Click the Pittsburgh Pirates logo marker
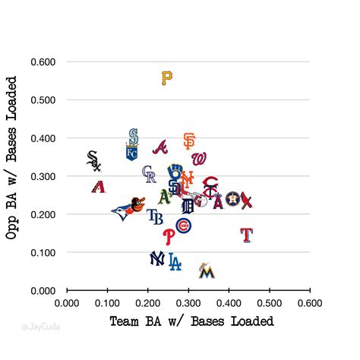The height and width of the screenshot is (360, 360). [x=167, y=77]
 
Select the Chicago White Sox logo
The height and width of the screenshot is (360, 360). [x=93, y=160]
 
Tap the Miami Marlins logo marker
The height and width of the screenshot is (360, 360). [x=205, y=270]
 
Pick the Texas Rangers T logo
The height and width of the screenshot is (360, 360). [x=246, y=234]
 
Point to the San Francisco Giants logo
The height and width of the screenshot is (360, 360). [x=189, y=141]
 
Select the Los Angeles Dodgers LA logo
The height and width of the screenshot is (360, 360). [x=175, y=262]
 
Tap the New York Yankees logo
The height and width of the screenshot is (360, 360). [x=157, y=259]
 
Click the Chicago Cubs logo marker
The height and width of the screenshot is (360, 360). [x=183, y=226]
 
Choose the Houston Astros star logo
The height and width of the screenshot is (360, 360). [x=232, y=201]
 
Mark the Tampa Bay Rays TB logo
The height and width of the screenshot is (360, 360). [x=155, y=218]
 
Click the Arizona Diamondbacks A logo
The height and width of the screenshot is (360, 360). [x=98, y=187]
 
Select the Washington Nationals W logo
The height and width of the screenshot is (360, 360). [x=199, y=159]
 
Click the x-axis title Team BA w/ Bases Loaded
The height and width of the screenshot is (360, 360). [x=191, y=321]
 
